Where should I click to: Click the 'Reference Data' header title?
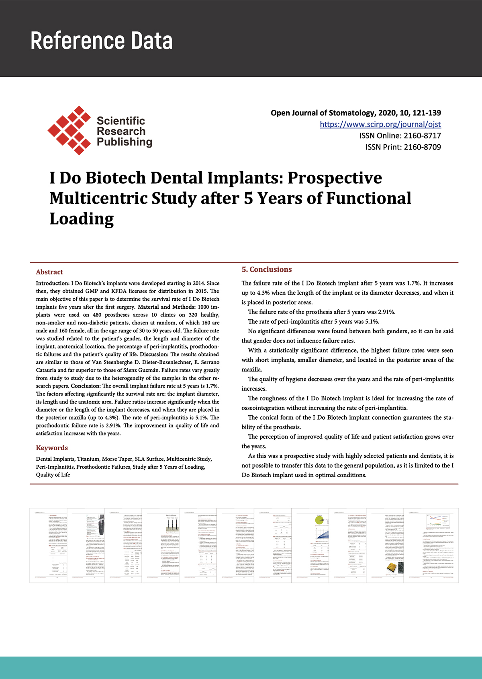point(102,41)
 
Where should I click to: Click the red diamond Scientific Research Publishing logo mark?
point(69,130)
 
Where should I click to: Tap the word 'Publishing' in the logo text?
point(125,142)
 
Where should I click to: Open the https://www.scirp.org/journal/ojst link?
point(380,124)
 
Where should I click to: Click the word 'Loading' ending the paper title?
point(82,219)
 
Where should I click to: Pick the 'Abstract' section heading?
point(49,272)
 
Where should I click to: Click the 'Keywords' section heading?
point(52,448)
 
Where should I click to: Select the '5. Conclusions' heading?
point(266,269)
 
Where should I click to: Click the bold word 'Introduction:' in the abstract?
point(53,283)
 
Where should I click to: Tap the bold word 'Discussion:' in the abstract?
point(154,355)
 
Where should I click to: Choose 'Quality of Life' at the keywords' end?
point(53,475)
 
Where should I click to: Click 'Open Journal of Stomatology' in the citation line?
point(323,113)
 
